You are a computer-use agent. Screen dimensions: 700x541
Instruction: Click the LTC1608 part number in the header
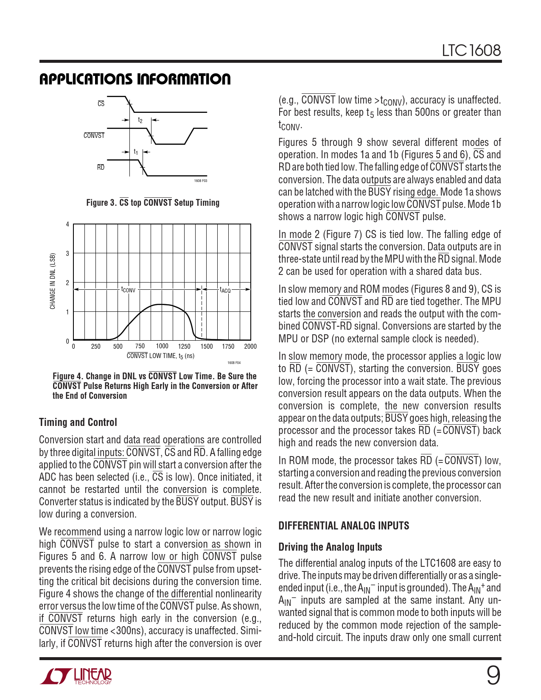(x=471, y=50)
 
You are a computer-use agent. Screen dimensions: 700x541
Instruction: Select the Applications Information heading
(x=135, y=79)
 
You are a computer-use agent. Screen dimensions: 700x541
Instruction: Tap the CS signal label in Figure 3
(x=101, y=104)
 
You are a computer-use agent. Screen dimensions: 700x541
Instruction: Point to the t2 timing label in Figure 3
(x=140, y=120)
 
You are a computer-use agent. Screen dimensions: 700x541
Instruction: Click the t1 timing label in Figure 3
(x=136, y=151)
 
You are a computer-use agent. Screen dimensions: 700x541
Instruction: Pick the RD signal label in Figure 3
(x=101, y=167)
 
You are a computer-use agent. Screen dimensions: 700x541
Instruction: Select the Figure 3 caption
(x=153, y=203)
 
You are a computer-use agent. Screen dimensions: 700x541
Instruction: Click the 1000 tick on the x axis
(x=162, y=346)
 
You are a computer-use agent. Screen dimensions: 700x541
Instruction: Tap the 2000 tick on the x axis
(x=250, y=346)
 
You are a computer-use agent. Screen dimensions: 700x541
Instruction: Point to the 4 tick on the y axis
(x=67, y=224)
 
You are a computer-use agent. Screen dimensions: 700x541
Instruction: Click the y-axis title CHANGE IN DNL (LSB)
(x=53, y=281)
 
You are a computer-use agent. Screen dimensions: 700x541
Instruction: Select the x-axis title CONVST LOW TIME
(x=160, y=356)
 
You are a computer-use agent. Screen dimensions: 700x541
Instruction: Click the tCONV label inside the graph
(x=128, y=290)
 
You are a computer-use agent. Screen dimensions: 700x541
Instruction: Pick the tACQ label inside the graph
(x=225, y=290)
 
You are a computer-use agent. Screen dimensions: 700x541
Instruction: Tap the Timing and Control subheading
(x=78, y=423)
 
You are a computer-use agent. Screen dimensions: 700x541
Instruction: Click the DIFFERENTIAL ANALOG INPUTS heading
(x=344, y=526)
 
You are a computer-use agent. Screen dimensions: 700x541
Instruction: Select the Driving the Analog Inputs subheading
(x=330, y=547)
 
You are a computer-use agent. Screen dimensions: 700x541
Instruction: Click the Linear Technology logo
(x=76, y=676)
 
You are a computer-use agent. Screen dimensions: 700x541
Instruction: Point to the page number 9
(x=493, y=675)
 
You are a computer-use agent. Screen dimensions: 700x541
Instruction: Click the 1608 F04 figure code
(x=234, y=363)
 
